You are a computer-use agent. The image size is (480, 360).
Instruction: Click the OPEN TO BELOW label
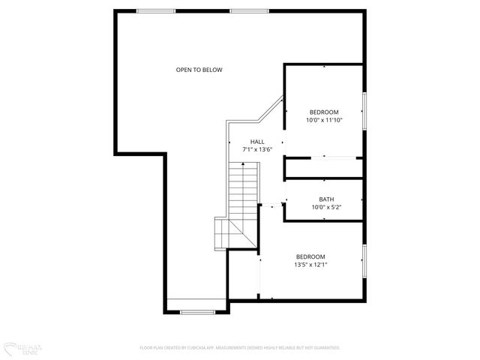(199, 70)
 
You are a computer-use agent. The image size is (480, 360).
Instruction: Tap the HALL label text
(256, 141)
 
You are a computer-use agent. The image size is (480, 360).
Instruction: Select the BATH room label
(326, 199)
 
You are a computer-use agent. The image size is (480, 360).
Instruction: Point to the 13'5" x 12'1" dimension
(310, 264)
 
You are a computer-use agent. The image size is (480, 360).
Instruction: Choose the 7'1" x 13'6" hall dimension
(256, 149)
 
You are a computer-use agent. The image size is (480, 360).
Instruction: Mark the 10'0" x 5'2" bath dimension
(326, 207)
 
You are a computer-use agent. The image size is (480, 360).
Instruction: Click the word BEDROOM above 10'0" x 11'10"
(324, 112)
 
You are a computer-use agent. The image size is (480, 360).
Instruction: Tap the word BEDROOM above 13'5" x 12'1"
(310, 256)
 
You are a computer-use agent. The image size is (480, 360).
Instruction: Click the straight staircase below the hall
(242, 191)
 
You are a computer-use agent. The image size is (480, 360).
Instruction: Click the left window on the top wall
(156, 10)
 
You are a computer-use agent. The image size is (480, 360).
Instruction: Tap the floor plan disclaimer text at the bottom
(240, 348)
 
